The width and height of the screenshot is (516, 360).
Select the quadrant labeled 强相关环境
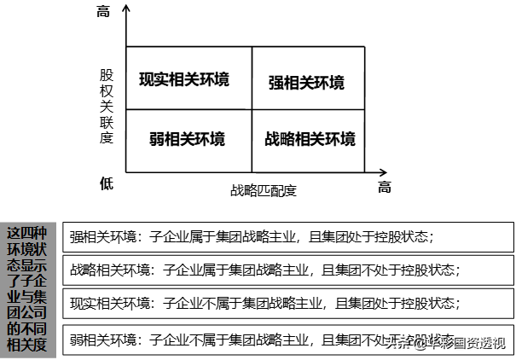pyautogui.click(x=306, y=83)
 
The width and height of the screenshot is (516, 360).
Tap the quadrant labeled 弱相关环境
pyautogui.click(x=187, y=139)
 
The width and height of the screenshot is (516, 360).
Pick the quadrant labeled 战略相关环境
pyautogui.click(x=310, y=139)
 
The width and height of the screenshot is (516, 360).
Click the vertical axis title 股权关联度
pyautogui.click(x=106, y=107)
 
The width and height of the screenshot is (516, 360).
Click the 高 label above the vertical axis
pyautogui.click(x=104, y=12)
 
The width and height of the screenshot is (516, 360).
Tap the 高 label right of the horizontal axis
pyautogui.click(x=385, y=188)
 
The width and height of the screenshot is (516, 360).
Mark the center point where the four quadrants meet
pyautogui.click(x=252, y=109)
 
